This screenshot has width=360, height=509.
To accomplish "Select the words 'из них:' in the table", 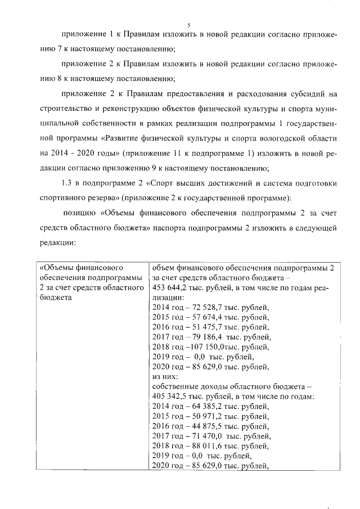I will click(165, 377).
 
